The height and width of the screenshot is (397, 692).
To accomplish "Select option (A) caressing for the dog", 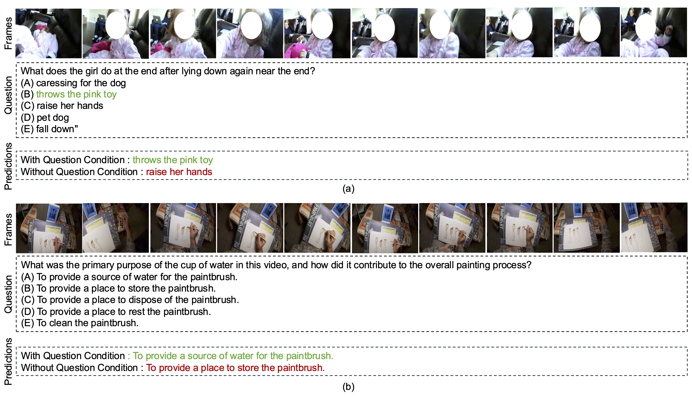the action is [x=73, y=83].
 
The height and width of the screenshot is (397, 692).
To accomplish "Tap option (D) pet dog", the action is [x=45, y=117].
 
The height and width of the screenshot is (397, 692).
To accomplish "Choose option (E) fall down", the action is [x=49, y=129].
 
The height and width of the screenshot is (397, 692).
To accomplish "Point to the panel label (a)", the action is [x=348, y=189].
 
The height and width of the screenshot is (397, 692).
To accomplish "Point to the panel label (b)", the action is [x=348, y=387].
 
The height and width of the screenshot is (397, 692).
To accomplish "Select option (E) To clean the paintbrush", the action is [x=80, y=323].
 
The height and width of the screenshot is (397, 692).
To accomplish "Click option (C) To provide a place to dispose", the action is [x=130, y=300].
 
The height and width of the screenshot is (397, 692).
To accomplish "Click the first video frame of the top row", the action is [x=48, y=33].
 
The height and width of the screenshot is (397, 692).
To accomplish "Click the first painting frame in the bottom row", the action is [x=49, y=228].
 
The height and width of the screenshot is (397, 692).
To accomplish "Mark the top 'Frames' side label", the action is [x=8, y=33].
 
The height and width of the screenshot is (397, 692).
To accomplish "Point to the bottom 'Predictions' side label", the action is [x=8, y=361].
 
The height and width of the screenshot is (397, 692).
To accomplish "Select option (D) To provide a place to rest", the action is [x=116, y=312].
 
